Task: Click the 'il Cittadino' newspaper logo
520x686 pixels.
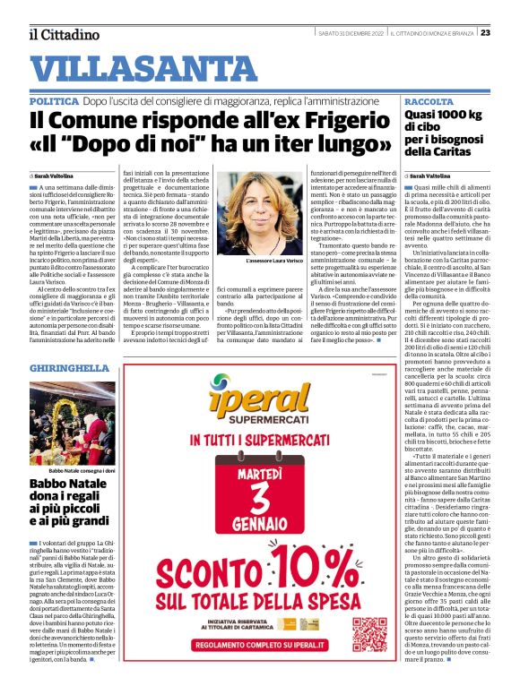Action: point(63,34)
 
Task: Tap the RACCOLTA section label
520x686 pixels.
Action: point(429,103)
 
